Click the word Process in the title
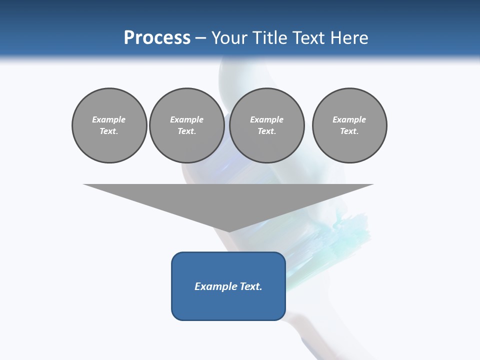click(157, 37)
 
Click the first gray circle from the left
click(109, 125)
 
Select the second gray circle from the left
click(186, 125)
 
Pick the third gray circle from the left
click(266, 125)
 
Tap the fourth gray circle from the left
click(349, 125)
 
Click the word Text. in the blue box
click(250, 286)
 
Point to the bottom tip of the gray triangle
click(228, 231)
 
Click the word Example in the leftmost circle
click(109, 119)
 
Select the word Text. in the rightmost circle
click(349, 131)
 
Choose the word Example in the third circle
click(266, 119)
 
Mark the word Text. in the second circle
click(186, 131)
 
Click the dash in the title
click(200, 38)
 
